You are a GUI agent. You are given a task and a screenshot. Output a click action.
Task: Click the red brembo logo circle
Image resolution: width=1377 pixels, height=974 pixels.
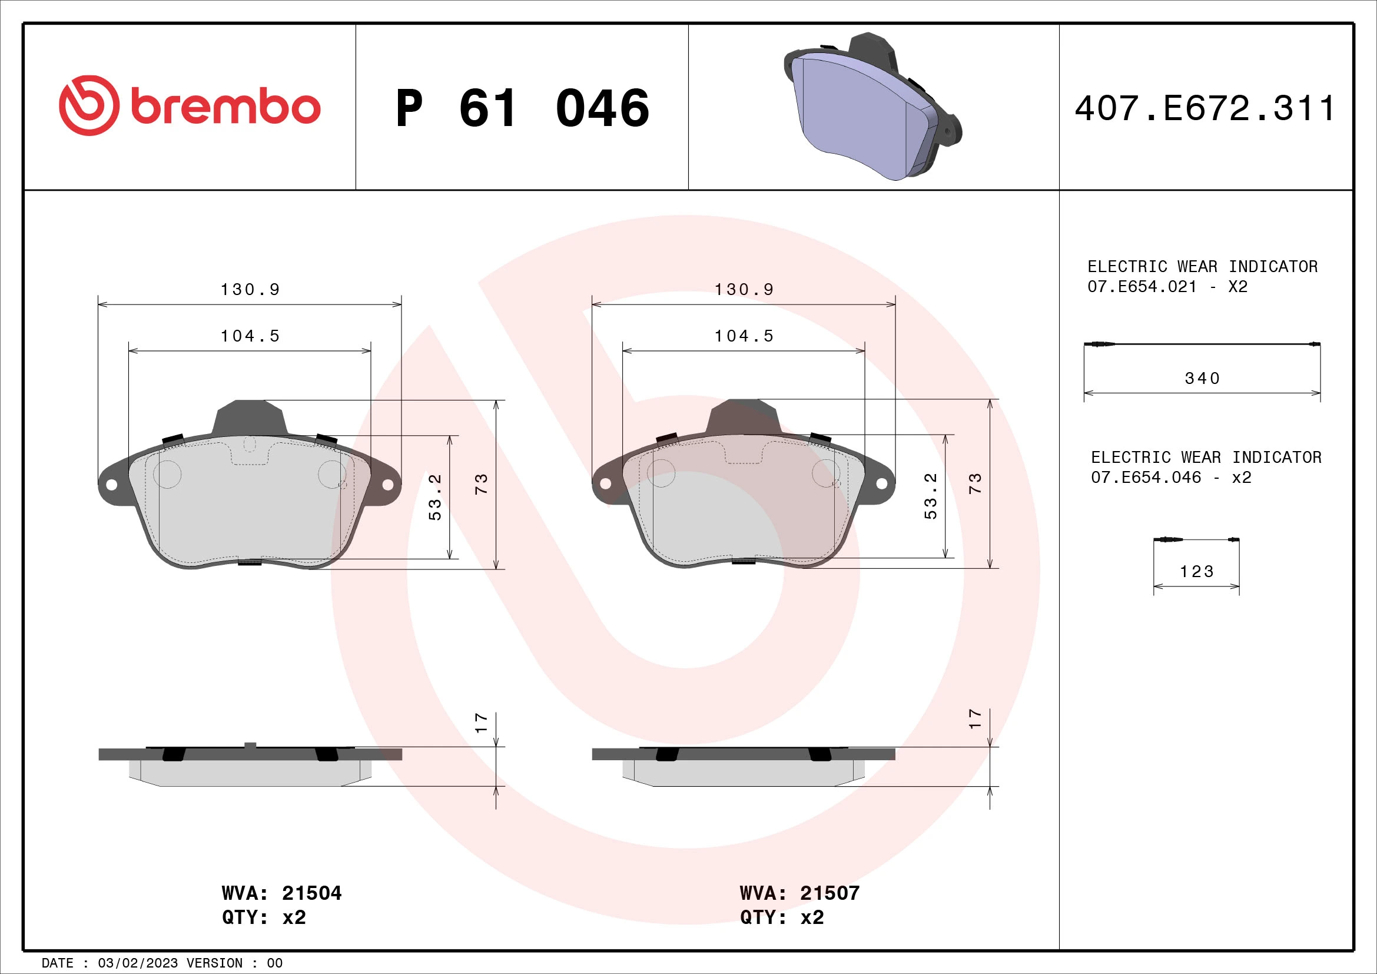click(88, 105)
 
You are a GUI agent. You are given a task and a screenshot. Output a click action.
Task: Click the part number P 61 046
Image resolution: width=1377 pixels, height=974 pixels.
click(522, 108)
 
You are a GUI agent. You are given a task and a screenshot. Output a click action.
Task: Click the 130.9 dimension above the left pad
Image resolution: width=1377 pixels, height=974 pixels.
click(250, 290)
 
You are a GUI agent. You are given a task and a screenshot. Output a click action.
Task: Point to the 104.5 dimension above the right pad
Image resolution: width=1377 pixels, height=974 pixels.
click(744, 336)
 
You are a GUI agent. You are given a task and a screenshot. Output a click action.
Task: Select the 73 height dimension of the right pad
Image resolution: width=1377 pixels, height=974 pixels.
click(975, 483)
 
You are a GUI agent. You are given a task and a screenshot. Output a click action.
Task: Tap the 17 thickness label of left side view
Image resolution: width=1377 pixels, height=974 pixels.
click(481, 722)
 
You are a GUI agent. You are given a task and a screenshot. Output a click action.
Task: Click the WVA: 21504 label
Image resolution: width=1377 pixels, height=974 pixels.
click(281, 893)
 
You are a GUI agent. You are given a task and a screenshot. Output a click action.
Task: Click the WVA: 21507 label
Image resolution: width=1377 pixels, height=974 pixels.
click(799, 893)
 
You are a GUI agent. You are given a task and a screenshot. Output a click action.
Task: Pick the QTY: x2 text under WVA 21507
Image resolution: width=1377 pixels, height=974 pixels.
click(781, 917)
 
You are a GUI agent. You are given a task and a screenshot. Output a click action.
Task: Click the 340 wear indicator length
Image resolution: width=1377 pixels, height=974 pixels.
click(1202, 379)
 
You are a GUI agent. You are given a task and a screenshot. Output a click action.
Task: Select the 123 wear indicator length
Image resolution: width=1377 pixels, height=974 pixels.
click(1196, 572)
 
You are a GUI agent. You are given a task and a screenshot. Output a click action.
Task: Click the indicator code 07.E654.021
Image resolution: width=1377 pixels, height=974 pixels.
click(1142, 287)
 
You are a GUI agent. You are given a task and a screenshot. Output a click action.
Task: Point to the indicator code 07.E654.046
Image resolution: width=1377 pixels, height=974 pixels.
click(1146, 478)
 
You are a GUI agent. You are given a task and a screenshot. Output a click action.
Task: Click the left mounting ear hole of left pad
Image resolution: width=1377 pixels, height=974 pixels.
click(111, 484)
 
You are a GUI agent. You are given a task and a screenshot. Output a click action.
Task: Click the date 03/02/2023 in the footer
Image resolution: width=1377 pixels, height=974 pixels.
click(138, 963)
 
